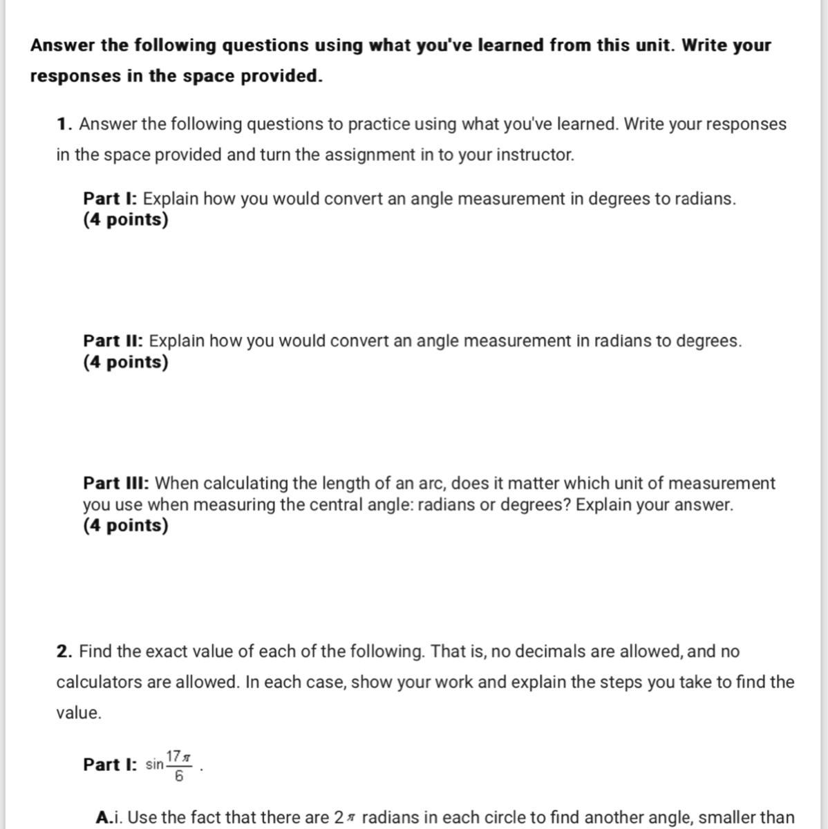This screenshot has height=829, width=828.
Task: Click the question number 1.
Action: point(64,124)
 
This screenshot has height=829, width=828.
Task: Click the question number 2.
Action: point(64,651)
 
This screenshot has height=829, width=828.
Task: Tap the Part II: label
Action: point(113,341)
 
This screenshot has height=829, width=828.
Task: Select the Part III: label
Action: point(117,483)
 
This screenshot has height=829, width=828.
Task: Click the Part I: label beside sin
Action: point(111,765)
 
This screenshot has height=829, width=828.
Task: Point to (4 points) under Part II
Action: point(126,362)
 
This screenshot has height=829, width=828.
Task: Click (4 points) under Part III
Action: point(126,526)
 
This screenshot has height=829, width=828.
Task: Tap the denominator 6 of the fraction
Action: point(179,776)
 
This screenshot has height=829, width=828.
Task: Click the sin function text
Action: point(155,765)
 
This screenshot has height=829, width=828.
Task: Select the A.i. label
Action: point(110,817)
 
